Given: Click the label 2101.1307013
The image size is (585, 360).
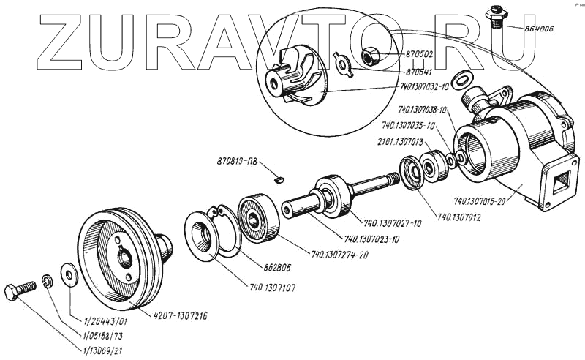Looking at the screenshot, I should point(401,142).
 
